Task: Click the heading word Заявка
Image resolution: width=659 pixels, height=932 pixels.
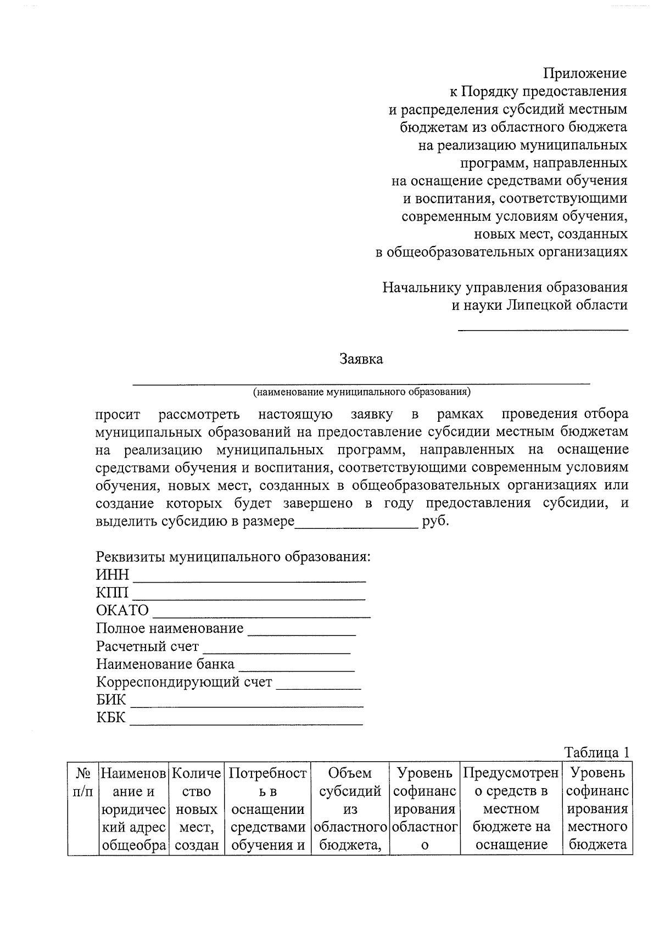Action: point(361,360)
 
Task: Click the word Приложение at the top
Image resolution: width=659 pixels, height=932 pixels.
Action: point(585,73)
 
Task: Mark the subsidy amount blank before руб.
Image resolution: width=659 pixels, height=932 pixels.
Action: point(356,526)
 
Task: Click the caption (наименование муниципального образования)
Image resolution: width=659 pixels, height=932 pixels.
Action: point(362,392)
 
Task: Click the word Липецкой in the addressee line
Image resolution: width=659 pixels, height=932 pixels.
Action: point(532,305)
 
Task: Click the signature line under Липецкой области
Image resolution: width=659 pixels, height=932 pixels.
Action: point(543,330)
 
